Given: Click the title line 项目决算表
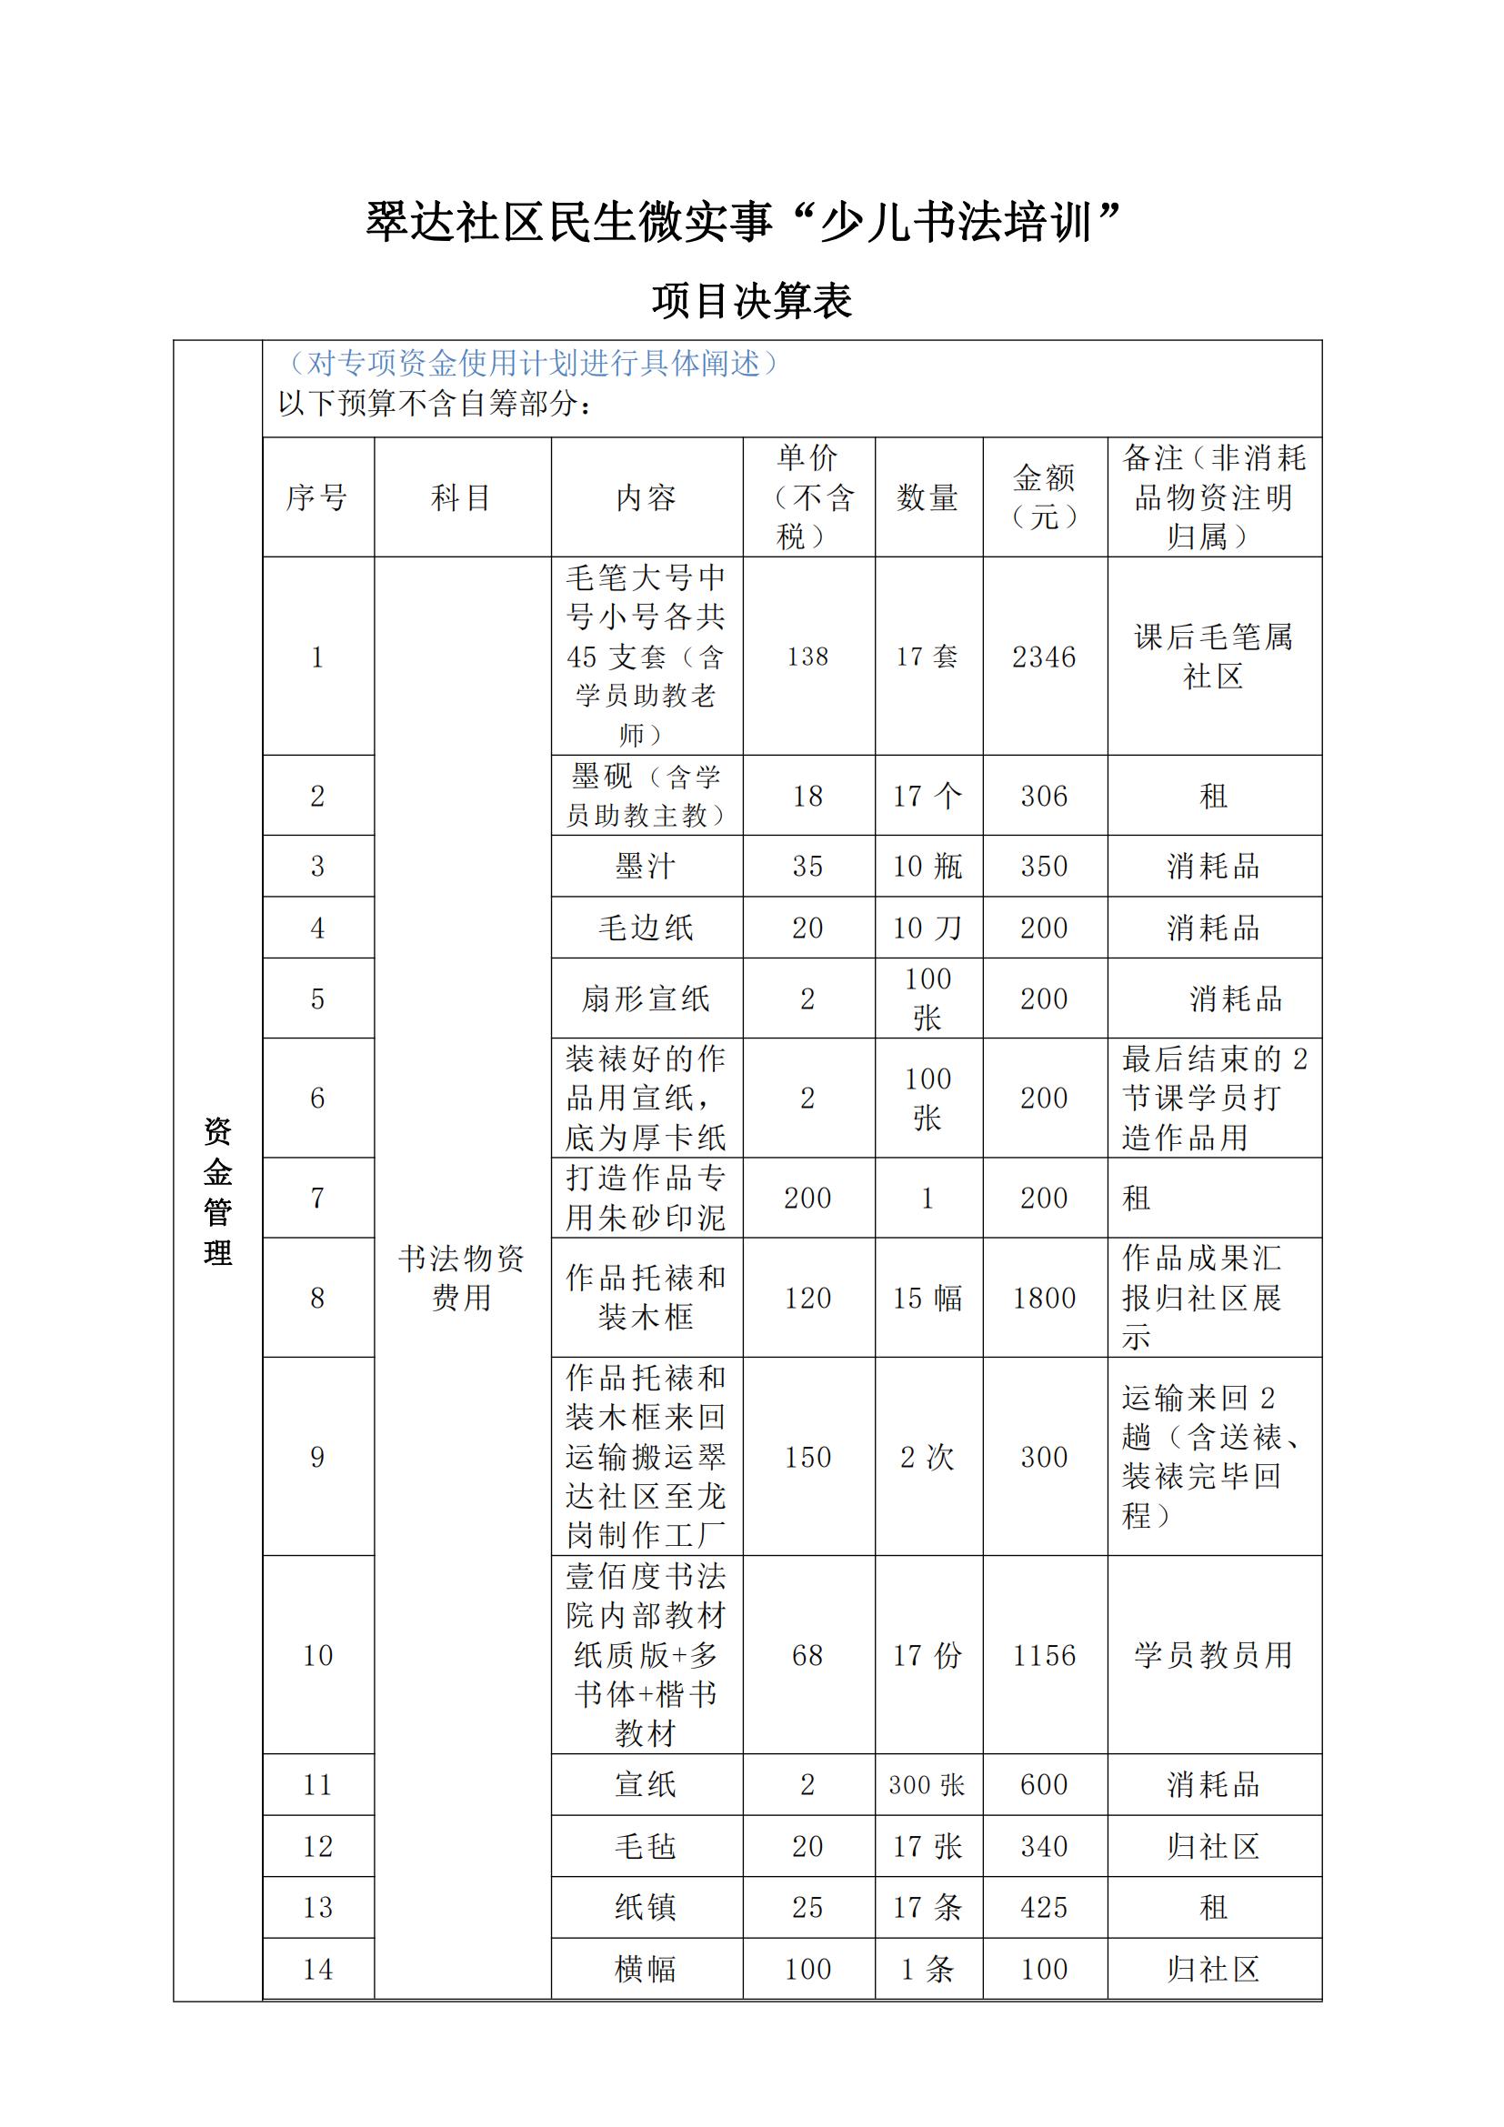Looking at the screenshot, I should coord(751,301).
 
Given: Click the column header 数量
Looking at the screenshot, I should coord(927,497).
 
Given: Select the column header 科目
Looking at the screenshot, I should coord(461,497).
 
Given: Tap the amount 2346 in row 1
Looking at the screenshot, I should coord(1044,657).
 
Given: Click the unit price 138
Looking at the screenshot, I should coord(807,657).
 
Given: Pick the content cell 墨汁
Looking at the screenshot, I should coord(646,867).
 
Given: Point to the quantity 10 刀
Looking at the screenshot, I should coord(927,928).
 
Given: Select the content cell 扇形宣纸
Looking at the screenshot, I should coord(646,998).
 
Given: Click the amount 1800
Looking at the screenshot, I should coord(1044,1298).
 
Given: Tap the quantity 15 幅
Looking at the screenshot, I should coord(927,1298).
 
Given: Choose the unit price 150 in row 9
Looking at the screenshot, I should coord(807,1457).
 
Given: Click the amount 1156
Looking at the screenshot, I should coord(1044,1655).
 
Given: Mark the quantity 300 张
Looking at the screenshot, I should coord(927,1785).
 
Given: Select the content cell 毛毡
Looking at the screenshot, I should coord(646,1846).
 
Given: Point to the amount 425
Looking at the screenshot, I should coord(1044,1908).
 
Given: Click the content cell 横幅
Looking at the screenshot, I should coord(646,1969).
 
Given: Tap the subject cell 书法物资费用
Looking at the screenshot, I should coord(461,1278).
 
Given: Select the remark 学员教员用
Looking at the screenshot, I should coord(1213,1655).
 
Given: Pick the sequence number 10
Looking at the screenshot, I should coord(317,1655).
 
